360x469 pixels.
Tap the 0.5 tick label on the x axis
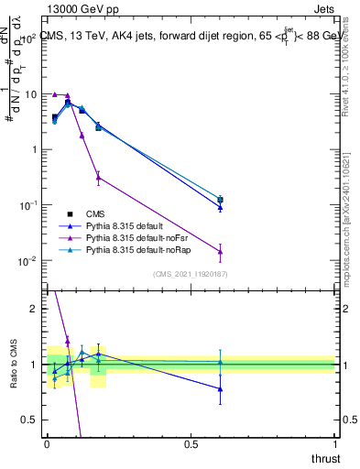click(191, 443)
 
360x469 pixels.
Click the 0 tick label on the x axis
click(47, 443)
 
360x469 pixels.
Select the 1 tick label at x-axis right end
click(334, 443)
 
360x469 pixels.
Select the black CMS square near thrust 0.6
click(220, 200)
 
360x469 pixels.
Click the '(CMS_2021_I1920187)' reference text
click(190, 273)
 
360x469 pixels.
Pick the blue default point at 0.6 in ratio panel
click(220, 389)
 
